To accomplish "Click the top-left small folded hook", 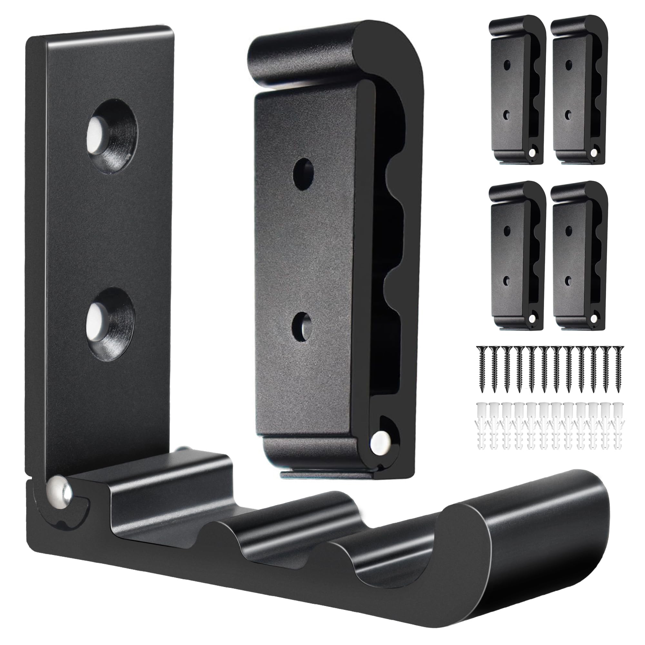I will [516, 90].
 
